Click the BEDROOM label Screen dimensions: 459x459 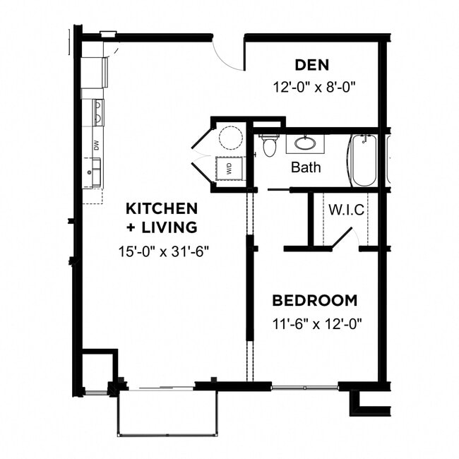pos(314,300)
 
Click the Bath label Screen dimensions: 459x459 pos(306,167)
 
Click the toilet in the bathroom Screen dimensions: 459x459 pos(269,145)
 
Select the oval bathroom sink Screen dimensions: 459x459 pos(305,143)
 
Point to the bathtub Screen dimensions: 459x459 pos(364,160)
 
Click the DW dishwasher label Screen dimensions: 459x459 pos(95,145)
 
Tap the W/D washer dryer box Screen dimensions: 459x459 pos(229,169)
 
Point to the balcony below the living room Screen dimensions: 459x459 pos(167,412)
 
